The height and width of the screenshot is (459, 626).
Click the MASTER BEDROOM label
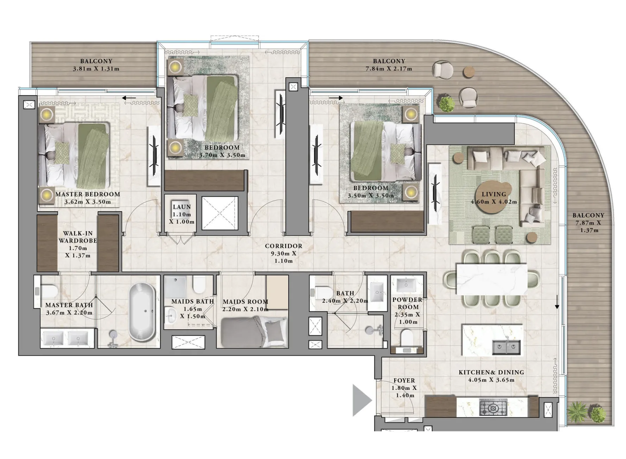tap(88, 194)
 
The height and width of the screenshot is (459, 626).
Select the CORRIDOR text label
tap(283, 246)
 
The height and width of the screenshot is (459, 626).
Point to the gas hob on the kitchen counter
tap(493, 408)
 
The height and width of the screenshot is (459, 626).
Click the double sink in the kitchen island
tap(506, 347)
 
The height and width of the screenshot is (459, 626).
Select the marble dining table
tap(492, 279)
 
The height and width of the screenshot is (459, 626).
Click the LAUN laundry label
tap(182, 207)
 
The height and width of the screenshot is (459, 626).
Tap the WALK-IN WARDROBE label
tap(78, 237)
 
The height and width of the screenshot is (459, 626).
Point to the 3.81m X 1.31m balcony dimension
tap(96, 69)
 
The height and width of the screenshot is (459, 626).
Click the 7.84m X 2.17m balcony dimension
tap(389, 69)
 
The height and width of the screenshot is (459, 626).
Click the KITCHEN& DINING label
tap(491, 372)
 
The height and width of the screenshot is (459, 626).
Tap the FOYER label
tap(404, 381)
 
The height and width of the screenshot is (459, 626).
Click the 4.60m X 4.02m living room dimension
tap(494, 202)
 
